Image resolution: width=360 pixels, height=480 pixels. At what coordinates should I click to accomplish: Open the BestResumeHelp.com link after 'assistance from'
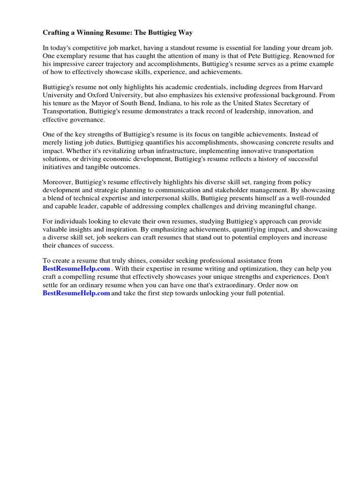(76, 269)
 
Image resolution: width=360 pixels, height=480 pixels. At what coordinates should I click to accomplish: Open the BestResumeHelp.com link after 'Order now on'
(76, 293)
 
